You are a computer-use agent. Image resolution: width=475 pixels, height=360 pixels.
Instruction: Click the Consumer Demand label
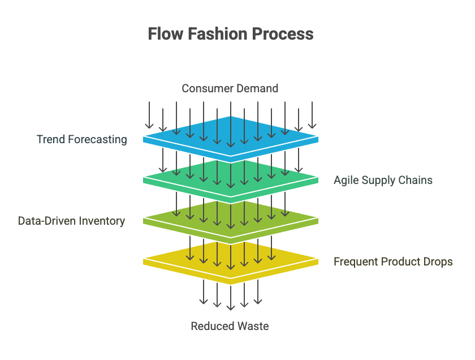tap(230, 88)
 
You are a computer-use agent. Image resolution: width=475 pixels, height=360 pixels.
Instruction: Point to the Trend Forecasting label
tap(82, 139)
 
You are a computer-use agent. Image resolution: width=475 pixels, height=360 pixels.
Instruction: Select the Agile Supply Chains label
tap(383, 181)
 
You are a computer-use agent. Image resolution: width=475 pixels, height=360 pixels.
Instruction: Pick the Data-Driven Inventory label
tap(71, 221)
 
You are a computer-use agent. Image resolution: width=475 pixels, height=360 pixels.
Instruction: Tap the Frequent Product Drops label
tap(393, 262)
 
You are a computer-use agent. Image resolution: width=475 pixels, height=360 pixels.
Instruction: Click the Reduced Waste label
tap(230, 326)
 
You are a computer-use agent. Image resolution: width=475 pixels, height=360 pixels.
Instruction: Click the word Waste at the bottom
tap(253, 326)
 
